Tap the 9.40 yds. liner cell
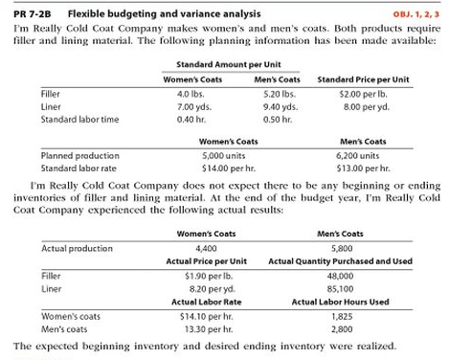(x=278, y=107)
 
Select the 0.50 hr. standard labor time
(x=277, y=120)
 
